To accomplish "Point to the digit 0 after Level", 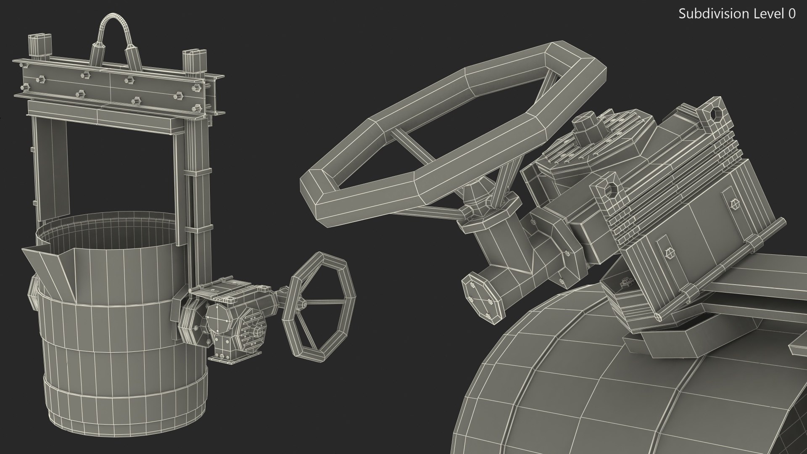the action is click(x=791, y=14).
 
